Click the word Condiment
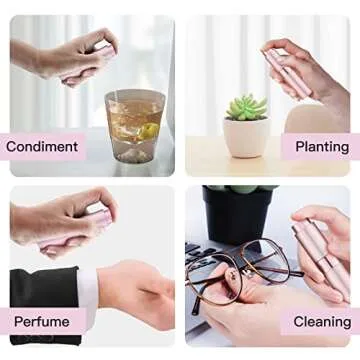(x=42, y=147)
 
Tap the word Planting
(x=322, y=147)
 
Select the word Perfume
(x=42, y=322)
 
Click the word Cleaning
(x=322, y=322)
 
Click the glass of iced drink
(x=135, y=126)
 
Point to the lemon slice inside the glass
(x=149, y=131)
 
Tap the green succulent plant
(x=247, y=107)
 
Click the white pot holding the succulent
(x=246, y=137)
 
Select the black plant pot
(x=237, y=214)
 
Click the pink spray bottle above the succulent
(x=287, y=73)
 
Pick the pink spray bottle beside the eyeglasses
(x=320, y=255)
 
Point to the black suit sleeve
(x=45, y=305)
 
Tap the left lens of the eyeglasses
(x=213, y=279)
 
